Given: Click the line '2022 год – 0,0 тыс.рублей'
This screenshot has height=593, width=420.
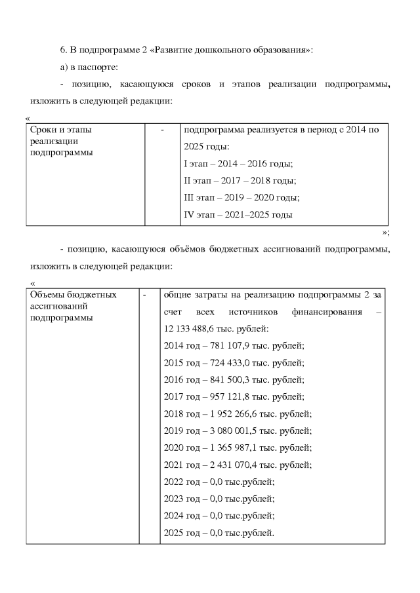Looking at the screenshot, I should (x=218, y=482).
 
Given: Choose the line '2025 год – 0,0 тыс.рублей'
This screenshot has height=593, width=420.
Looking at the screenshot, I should (x=218, y=533).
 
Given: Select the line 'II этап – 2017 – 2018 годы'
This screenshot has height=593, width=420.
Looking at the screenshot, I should (x=240, y=181).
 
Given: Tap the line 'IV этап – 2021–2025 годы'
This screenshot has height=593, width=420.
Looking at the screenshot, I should (x=238, y=215).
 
